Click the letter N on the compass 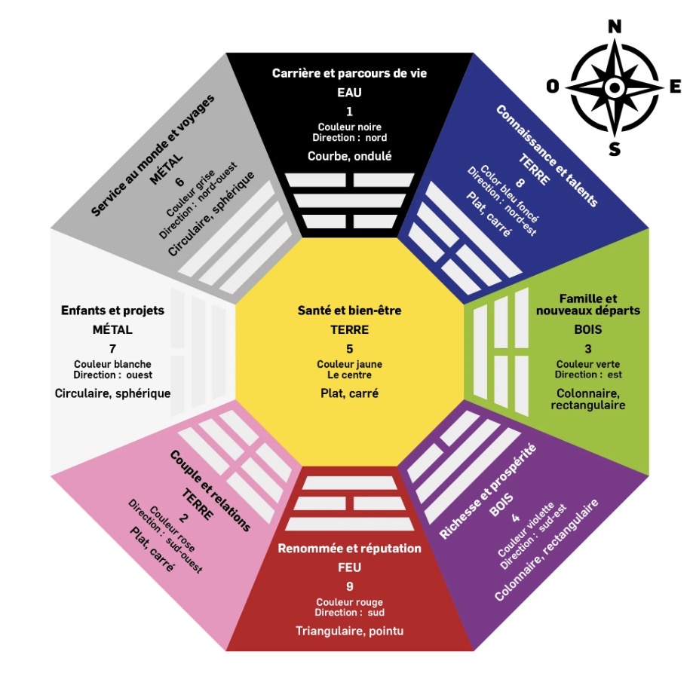615,27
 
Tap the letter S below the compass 615,149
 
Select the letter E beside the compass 675,87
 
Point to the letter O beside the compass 553,87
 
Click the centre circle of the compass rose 615,87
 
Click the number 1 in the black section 349,112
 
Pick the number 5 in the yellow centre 349,349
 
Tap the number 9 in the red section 349,586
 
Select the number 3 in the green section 588,349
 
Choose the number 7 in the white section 112,349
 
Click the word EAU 349,93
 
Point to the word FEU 349,567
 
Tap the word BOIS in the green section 588,329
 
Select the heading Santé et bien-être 349,310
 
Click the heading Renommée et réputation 349,548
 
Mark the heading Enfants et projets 112,310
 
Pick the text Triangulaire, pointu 349,631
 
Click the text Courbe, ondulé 349,156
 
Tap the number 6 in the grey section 180,182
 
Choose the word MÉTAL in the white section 112,329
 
